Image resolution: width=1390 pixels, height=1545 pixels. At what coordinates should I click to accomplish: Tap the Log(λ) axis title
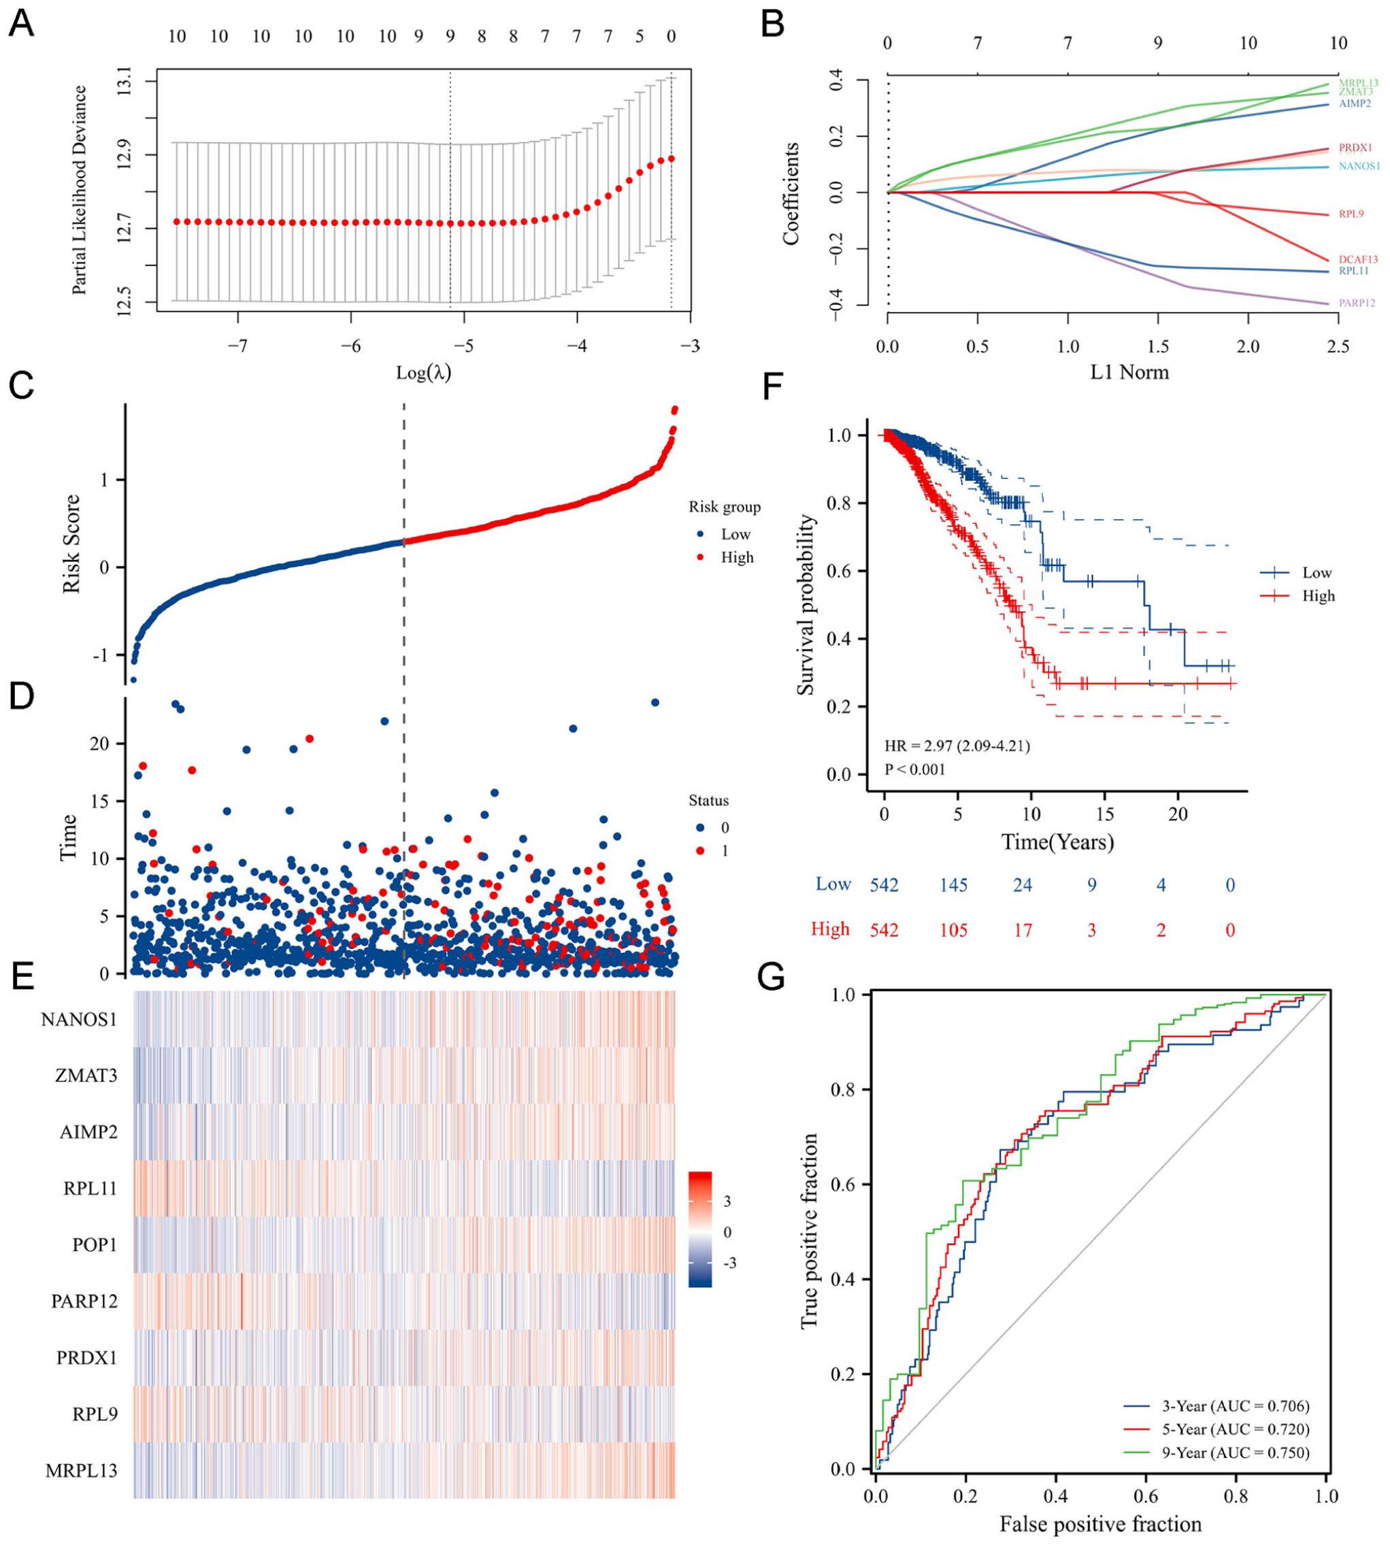coord(423,373)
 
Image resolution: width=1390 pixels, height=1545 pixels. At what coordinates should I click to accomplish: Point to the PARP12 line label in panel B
coord(1357,303)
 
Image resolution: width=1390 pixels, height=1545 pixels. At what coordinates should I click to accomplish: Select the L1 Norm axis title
coord(1129,373)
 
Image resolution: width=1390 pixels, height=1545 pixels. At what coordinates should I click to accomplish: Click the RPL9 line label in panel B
coord(1351,214)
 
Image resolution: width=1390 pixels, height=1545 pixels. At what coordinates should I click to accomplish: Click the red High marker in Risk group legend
coord(700,557)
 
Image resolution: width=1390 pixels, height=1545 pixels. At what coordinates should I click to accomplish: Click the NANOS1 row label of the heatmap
coord(80,1020)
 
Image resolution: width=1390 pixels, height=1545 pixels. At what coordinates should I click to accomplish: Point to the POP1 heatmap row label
coord(95,1245)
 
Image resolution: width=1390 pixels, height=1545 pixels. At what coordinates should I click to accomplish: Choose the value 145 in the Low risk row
coord(954,885)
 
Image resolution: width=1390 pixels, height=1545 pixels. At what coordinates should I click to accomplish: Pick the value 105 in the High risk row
coord(954,930)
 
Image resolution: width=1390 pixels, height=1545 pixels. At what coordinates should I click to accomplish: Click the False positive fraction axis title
coord(1101,1525)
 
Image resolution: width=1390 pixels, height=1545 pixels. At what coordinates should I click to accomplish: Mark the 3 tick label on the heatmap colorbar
coord(727,1201)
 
